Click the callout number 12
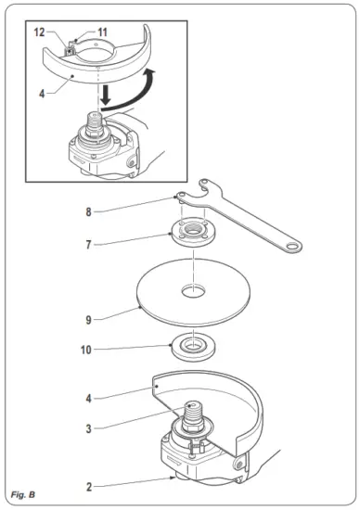pos(40,32)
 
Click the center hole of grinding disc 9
pos(194,294)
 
